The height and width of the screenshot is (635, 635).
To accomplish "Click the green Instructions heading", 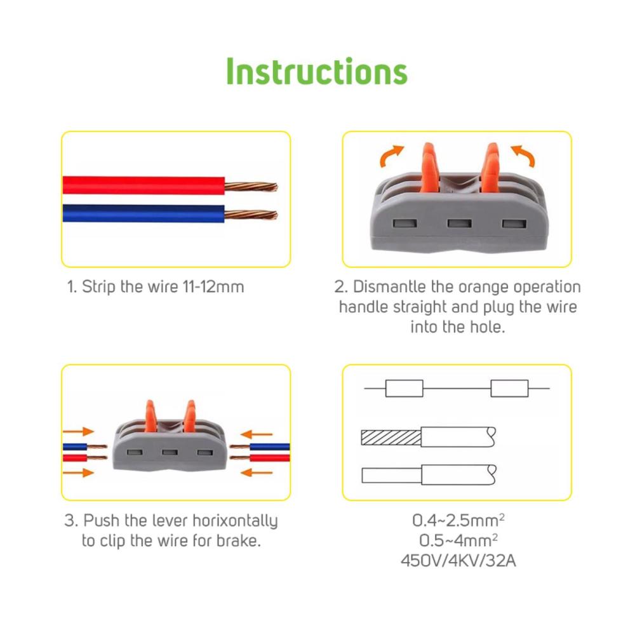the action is click(x=317, y=71).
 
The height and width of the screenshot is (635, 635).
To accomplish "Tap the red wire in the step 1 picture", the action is click(x=144, y=185).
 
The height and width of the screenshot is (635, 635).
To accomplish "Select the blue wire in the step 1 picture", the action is click(x=144, y=213).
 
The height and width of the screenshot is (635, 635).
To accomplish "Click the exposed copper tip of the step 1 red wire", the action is click(x=251, y=187).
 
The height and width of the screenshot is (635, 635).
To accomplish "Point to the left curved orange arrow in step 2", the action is click(x=391, y=156).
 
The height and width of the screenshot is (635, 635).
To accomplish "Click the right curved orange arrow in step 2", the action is click(x=523, y=156).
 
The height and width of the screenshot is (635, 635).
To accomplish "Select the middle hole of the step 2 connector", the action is click(x=459, y=223).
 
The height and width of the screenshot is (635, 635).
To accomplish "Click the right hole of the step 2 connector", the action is click(x=514, y=224).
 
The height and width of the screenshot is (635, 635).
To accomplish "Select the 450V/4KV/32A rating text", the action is click(x=458, y=561).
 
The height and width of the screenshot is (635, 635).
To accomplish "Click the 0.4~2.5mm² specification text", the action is click(x=458, y=521).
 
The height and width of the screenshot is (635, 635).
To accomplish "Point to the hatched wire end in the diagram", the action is click(x=391, y=438).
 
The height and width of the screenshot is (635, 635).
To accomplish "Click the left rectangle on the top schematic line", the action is click(x=404, y=389).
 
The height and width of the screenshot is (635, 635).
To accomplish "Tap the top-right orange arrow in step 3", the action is click(x=257, y=434).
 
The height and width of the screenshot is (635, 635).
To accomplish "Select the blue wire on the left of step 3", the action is click(x=76, y=447).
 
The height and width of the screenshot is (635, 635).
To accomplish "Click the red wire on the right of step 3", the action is click(x=269, y=458).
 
